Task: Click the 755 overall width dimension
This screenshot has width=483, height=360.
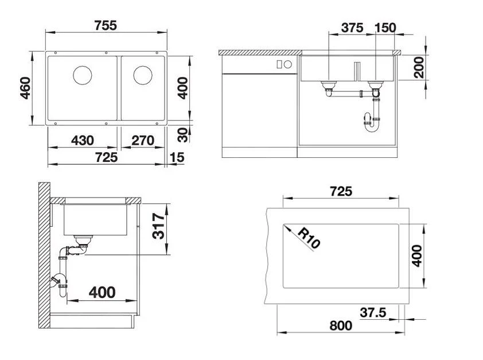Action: pos(106,25)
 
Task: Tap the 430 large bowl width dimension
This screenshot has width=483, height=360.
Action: pos(83,140)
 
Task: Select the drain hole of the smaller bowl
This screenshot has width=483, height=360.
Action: pos(142,75)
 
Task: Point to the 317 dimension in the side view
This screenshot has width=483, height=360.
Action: pos(159,227)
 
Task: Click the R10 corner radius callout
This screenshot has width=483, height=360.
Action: pos(309,237)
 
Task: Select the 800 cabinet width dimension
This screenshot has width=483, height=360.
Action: pos(341,326)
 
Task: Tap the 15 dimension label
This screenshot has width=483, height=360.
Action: pos(178,157)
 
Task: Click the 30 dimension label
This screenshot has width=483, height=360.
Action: pos(182,134)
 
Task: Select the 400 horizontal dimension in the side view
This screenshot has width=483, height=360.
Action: pos(102,293)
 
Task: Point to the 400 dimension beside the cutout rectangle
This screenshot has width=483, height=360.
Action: pos(417,256)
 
